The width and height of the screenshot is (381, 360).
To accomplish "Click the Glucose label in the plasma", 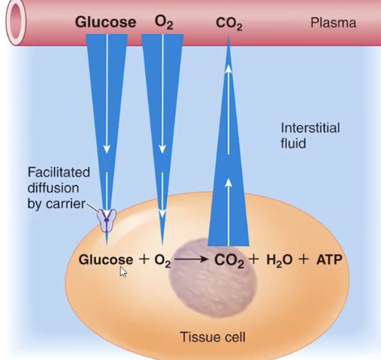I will [105, 22].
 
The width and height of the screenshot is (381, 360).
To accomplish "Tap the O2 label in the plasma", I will [163, 22].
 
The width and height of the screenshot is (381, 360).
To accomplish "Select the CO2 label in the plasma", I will [228, 23].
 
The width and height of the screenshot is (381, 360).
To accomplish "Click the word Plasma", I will [333, 23].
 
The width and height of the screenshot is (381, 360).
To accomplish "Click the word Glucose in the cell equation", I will [106, 260].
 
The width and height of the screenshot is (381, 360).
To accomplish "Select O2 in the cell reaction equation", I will [164, 261].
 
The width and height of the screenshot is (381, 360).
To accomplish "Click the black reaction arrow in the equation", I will [191, 261].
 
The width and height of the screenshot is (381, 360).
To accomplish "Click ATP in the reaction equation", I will [330, 261].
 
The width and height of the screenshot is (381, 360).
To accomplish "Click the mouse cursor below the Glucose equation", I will [123, 271].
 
